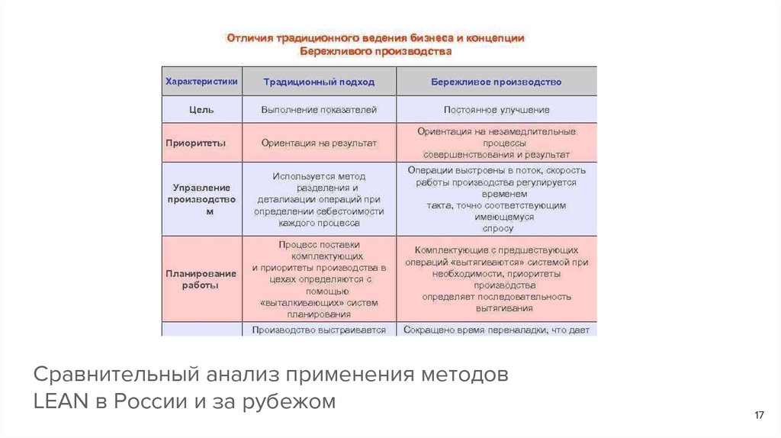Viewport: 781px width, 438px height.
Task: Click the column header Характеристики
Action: tap(201, 81)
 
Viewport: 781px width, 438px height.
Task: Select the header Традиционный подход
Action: tap(319, 82)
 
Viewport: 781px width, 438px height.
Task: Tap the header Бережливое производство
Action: tap(496, 82)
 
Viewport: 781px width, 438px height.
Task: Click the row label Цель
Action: tap(201, 110)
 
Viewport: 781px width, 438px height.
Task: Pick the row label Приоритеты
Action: tap(201, 143)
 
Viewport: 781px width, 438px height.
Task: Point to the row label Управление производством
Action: tap(201, 198)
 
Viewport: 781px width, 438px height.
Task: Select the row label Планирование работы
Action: tap(201, 279)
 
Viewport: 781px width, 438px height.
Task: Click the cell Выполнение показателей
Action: tap(319, 110)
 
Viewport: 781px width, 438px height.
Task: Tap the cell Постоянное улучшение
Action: tap(496, 110)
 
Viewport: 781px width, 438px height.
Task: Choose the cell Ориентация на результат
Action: tap(319, 143)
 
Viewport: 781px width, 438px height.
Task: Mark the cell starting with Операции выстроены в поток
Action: tap(496, 198)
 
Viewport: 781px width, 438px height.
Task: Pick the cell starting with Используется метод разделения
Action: tap(319, 199)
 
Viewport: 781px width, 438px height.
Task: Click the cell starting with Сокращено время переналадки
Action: tap(496, 330)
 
